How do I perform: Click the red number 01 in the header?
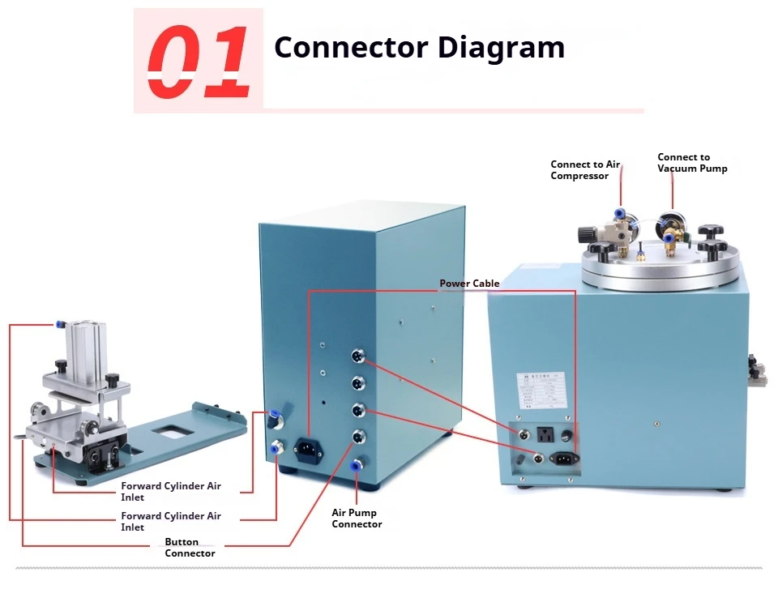point(199,61)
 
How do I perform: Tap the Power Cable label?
point(469,284)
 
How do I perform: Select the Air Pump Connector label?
point(357,518)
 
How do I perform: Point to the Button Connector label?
point(190,548)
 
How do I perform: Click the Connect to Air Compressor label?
point(584,170)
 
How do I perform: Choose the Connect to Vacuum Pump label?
point(691,163)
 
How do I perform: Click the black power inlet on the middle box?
point(309,447)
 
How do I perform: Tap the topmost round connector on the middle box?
point(357,356)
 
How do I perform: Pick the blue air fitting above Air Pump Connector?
point(356,466)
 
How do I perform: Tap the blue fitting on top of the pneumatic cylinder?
point(61,324)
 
